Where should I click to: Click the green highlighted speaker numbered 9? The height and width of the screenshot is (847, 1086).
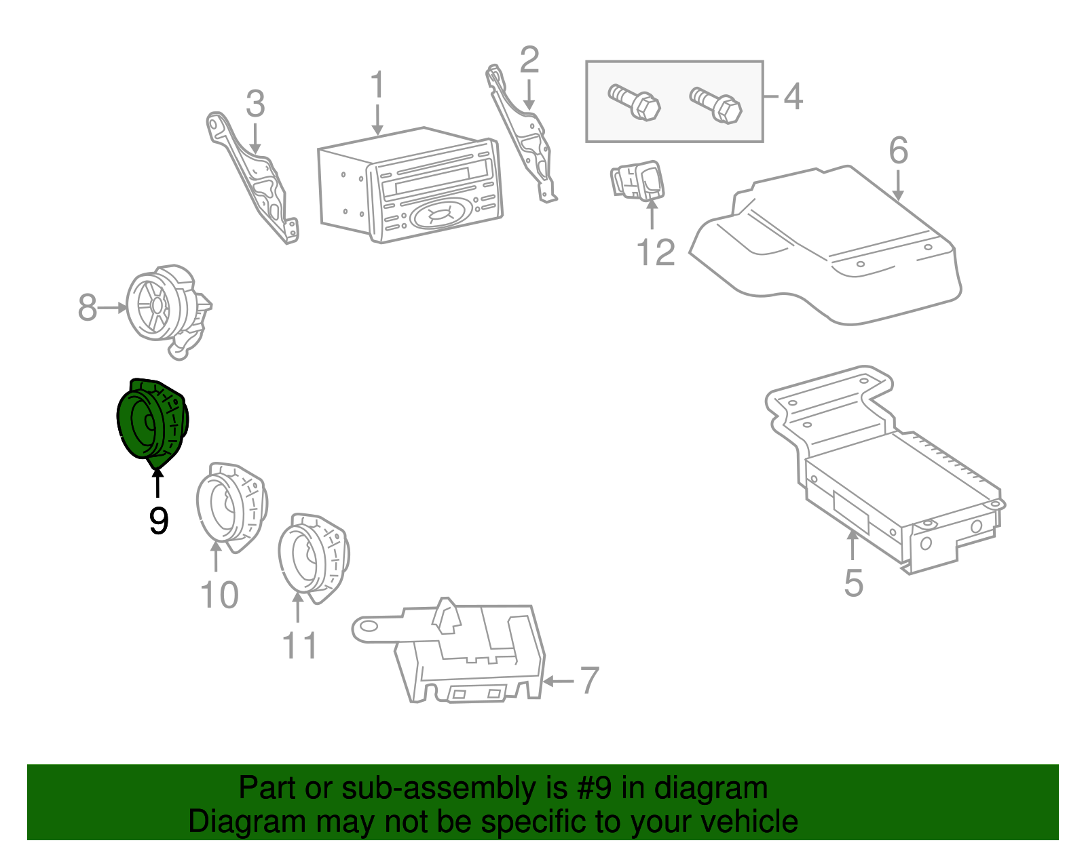click(x=151, y=422)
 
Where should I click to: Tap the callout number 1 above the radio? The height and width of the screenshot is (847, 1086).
click(x=377, y=86)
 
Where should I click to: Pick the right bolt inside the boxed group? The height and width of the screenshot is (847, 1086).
click(x=716, y=105)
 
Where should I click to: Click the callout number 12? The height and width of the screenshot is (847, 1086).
click(x=656, y=253)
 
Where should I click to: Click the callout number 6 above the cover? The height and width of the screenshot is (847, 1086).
click(x=898, y=151)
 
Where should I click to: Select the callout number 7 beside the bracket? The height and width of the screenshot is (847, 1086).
click(x=589, y=680)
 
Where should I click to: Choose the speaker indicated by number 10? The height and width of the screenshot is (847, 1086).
click(x=231, y=505)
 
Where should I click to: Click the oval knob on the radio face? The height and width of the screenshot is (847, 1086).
click(x=438, y=215)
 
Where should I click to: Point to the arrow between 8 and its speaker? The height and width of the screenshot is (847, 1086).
click(x=113, y=308)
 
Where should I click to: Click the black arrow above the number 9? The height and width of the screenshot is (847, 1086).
click(x=157, y=484)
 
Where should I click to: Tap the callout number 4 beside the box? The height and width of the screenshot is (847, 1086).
click(x=793, y=96)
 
